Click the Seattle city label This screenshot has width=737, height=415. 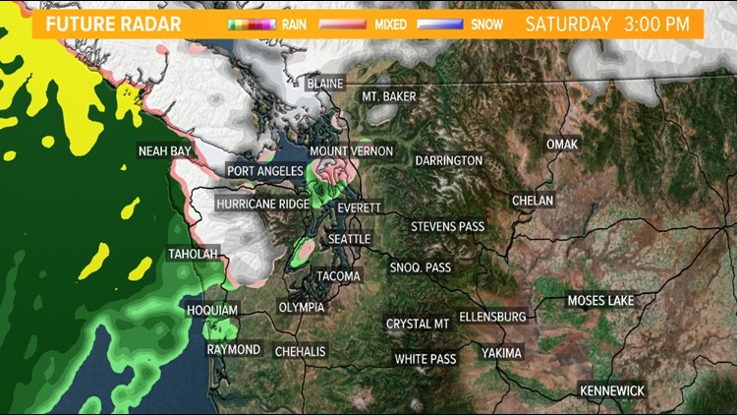(x=349, y=239)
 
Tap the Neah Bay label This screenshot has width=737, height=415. (x=164, y=150)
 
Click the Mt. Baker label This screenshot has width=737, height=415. (x=389, y=96)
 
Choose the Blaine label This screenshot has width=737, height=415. (x=324, y=84)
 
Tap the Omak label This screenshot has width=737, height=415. (x=563, y=145)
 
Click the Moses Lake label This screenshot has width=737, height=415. (x=600, y=300)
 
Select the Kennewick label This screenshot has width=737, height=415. (x=612, y=390)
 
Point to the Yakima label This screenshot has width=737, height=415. (x=502, y=353)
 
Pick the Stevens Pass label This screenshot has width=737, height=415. (x=447, y=226)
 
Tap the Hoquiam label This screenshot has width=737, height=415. (x=212, y=311)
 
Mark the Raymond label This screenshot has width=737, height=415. (x=234, y=350)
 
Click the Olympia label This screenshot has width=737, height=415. (x=302, y=307)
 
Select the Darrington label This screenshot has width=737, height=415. (x=448, y=160)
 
